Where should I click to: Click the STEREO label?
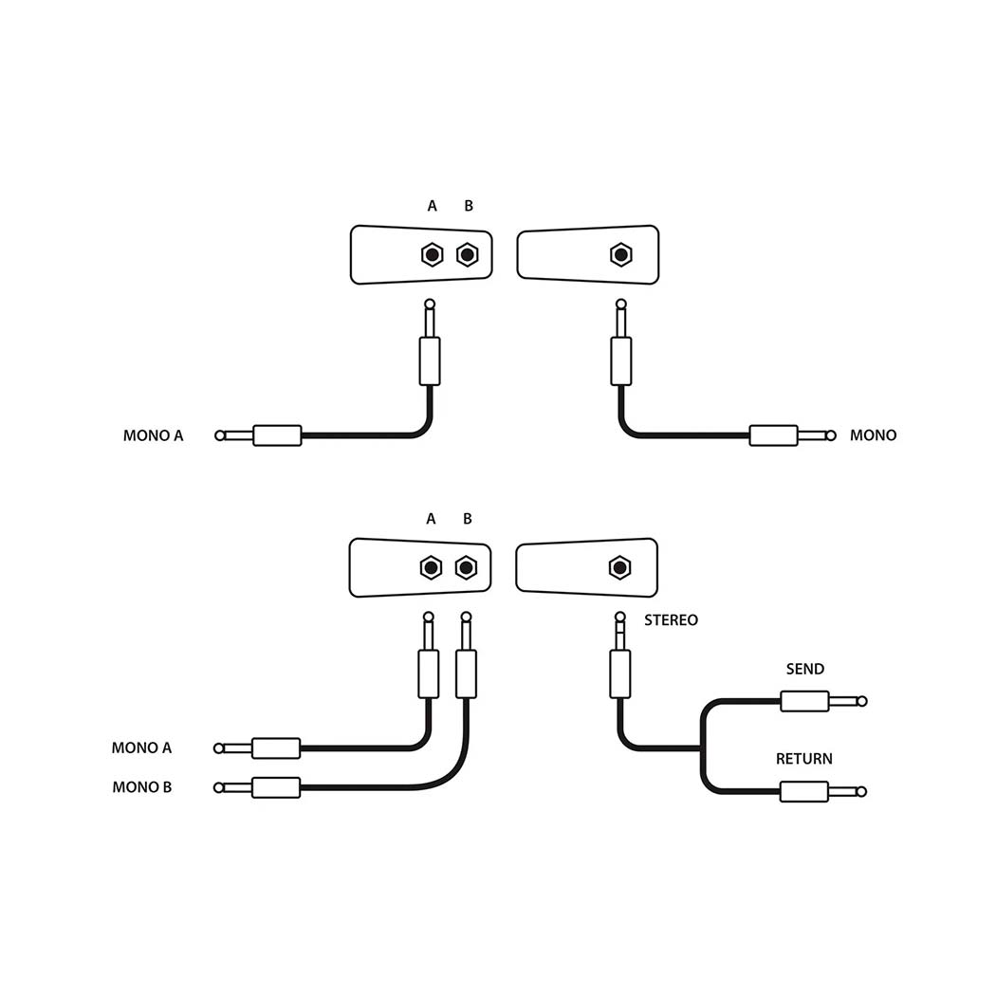click(671, 620)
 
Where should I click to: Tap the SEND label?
click(805, 669)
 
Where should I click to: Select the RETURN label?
click(804, 759)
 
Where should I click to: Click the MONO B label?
click(142, 787)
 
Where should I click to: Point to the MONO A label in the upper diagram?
click(154, 436)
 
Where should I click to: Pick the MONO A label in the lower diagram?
click(142, 747)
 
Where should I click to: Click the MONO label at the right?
click(873, 435)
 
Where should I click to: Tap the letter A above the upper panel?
click(433, 206)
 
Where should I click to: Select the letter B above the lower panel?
click(467, 519)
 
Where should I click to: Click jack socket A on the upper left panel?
click(432, 254)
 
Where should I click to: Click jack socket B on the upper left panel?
click(467, 254)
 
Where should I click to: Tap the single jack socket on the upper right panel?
click(620, 254)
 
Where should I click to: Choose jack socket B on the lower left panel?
click(465, 567)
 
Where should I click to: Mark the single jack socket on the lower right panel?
click(619, 567)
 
